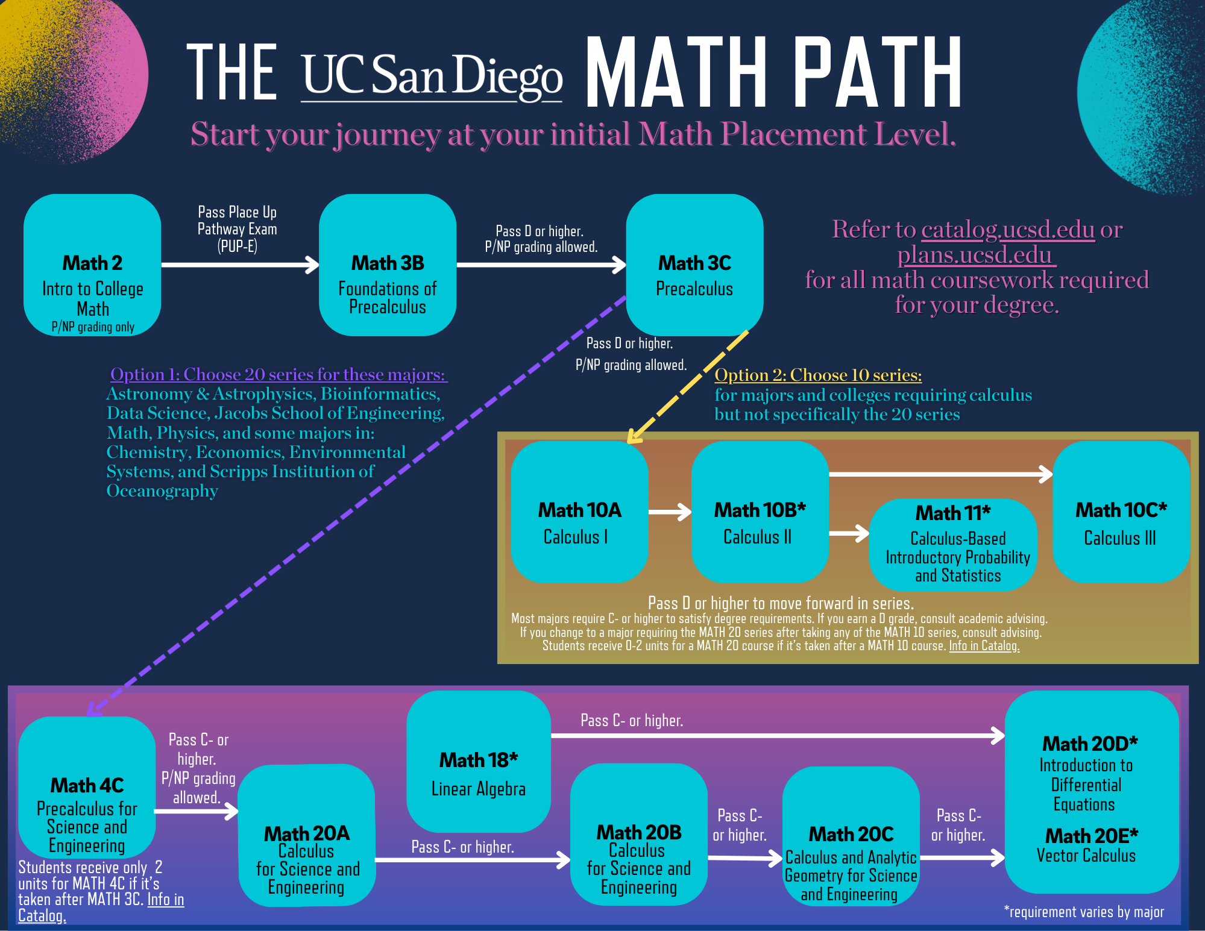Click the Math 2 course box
[92, 265]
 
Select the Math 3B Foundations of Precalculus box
[388, 265]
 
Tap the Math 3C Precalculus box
[694, 265]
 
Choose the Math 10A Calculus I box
[579, 512]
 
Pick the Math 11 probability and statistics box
[953, 545]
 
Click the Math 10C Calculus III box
[1121, 512]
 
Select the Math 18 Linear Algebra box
[479, 762]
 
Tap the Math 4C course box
[87, 787]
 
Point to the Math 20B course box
[639, 835]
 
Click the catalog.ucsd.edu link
[1008, 230]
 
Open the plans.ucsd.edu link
[976, 255]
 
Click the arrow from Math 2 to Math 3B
[240, 265]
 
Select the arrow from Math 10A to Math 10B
[670, 512]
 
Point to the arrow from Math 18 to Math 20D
[778, 735]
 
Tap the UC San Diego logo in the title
[432, 75]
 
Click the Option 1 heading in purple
[278, 374]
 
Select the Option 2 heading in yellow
[818, 375]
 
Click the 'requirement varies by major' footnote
[1084, 912]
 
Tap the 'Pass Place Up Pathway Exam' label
[238, 229]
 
